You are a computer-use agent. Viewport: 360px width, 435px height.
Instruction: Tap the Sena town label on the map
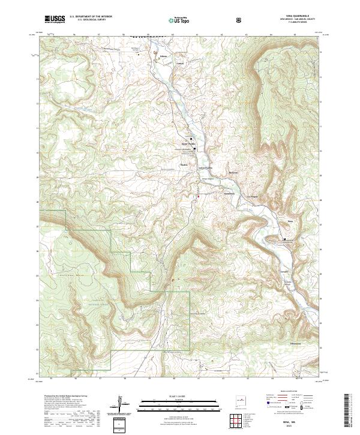(290, 221)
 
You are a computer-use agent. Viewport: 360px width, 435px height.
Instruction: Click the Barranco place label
(234, 173)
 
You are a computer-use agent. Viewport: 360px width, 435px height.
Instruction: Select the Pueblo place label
(184, 166)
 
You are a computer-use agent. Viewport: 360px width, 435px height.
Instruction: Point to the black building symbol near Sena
(284, 239)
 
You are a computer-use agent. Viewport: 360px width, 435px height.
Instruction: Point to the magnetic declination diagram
(124, 405)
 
